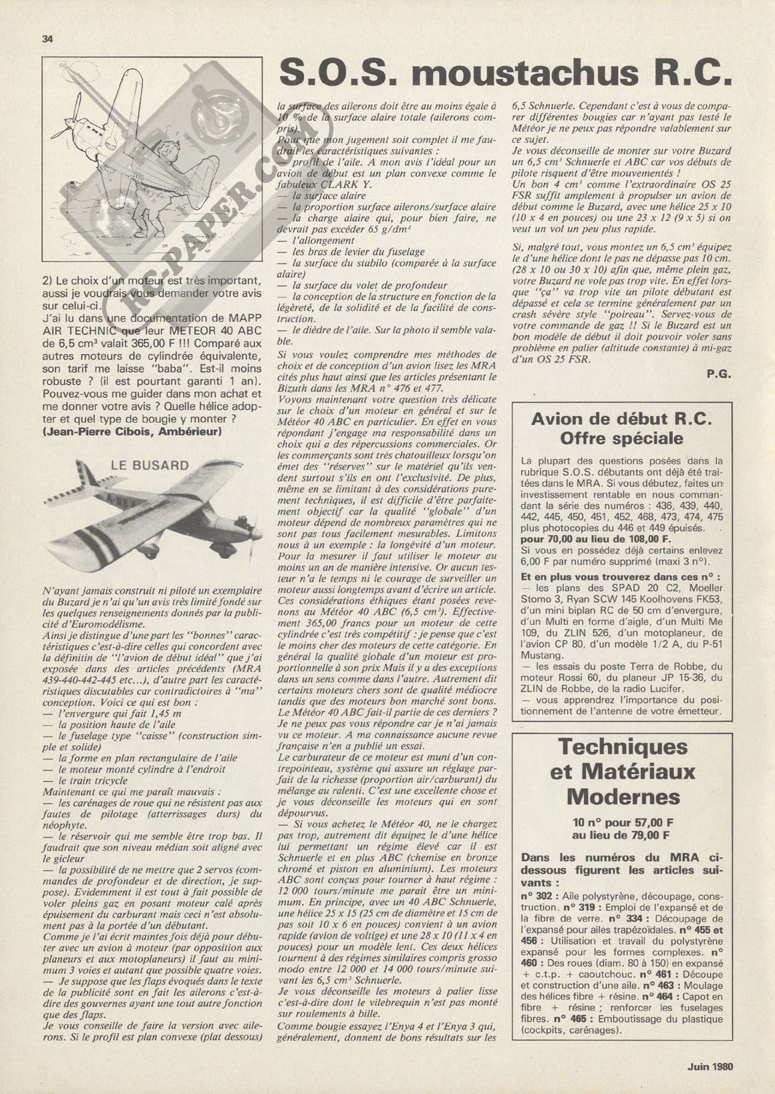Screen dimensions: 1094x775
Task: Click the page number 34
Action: point(47,38)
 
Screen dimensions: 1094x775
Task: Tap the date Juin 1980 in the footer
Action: point(710,1066)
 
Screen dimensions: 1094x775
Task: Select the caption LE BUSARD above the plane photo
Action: point(150,466)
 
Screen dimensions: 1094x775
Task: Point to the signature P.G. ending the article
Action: point(719,375)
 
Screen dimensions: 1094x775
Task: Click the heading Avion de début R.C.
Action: point(621,419)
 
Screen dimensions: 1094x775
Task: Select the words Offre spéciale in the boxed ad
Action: point(621,439)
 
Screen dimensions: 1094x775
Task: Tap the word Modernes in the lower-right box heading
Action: point(621,796)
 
